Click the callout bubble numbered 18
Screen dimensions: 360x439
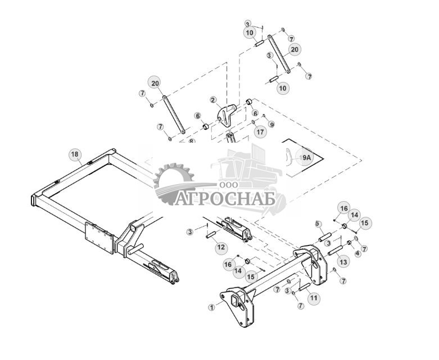(75, 154)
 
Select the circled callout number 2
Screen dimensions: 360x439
(213, 100)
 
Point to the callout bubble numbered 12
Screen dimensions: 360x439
(221, 247)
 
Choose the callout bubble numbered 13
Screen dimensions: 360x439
(342, 262)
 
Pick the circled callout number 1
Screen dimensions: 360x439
(211, 308)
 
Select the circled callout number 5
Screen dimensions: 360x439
(318, 224)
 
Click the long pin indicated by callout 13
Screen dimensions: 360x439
(330, 247)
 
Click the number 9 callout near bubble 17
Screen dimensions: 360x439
(271, 124)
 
